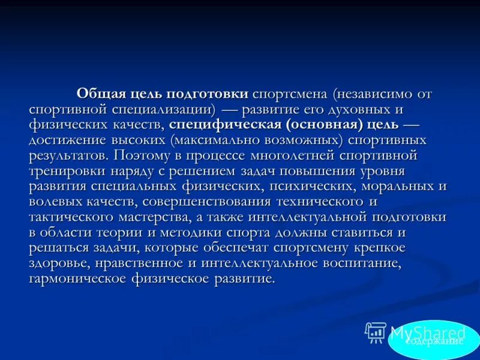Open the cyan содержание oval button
pyautogui.click(x=434, y=340)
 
